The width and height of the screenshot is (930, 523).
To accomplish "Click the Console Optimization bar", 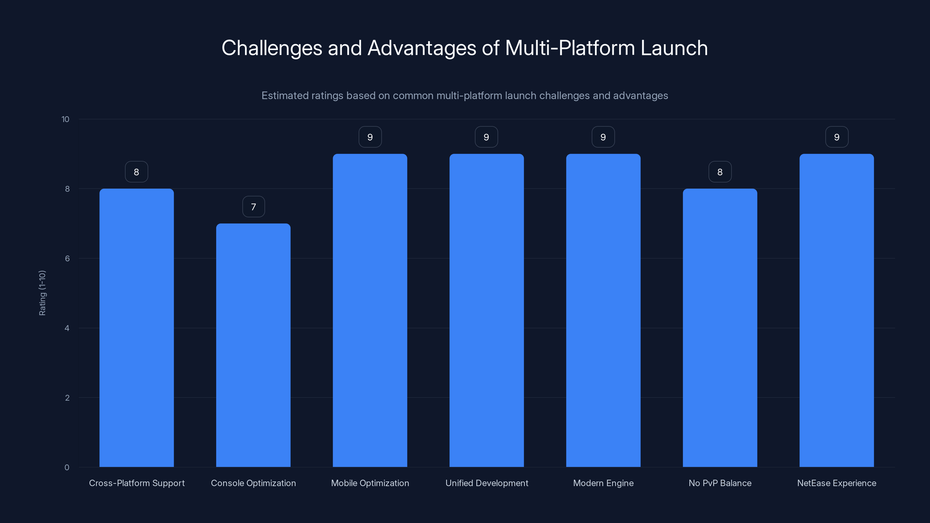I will pyautogui.click(x=253, y=345).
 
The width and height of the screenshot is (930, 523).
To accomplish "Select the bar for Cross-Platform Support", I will pyautogui.click(x=137, y=328).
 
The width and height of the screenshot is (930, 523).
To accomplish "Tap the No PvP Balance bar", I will pyautogui.click(x=720, y=328).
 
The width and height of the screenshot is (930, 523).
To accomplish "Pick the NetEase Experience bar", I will pyautogui.click(x=836, y=310).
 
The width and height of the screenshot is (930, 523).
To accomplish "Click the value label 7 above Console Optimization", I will pyautogui.click(x=253, y=207).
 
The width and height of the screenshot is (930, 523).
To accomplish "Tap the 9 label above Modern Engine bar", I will pyautogui.click(x=603, y=137).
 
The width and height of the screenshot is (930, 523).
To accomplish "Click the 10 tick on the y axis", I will pyautogui.click(x=65, y=119).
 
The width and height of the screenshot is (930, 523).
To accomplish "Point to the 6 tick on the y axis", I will pyautogui.click(x=67, y=258).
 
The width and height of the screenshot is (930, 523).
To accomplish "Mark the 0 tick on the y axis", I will pyautogui.click(x=67, y=468).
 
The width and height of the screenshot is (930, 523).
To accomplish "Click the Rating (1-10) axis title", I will pyautogui.click(x=42, y=293).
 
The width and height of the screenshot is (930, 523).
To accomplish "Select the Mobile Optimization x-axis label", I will pyautogui.click(x=370, y=483).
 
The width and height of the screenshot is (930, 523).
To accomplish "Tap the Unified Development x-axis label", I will pyautogui.click(x=487, y=483).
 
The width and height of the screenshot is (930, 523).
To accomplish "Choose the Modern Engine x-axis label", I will pyautogui.click(x=603, y=483).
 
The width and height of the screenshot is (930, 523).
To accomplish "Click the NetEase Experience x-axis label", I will pyautogui.click(x=836, y=483).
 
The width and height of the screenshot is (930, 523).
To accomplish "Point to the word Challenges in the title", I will pyautogui.click(x=271, y=48).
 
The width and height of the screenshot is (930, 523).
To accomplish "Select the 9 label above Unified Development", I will pyautogui.click(x=486, y=137).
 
